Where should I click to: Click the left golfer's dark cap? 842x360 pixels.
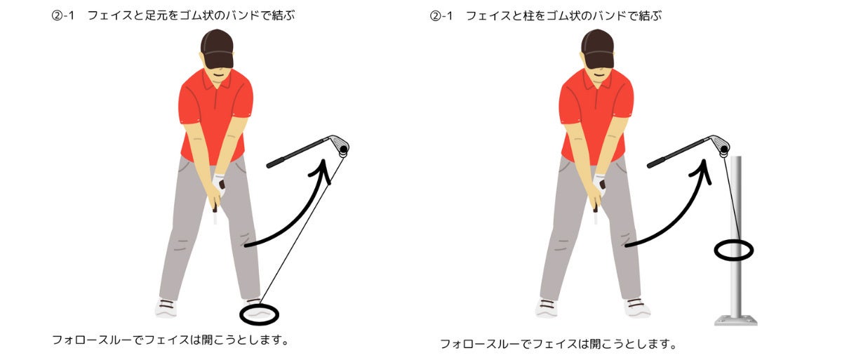coord(217,49)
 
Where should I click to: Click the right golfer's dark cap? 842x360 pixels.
coord(597,49)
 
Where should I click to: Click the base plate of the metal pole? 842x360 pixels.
coord(735,321)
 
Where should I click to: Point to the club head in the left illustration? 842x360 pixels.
coord(340,145)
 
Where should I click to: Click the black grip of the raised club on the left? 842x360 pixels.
coord(275,162)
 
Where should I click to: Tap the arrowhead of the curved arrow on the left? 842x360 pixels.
coord(322,171)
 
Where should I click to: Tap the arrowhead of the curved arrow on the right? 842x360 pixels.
coord(702,171)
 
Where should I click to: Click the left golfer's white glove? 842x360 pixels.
coord(219,184)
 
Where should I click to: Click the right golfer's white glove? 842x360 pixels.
coord(599,184)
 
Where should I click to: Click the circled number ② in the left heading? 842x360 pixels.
coord(57,15)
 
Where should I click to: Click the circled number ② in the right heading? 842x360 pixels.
coord(435,15)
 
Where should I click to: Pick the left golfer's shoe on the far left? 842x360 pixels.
coord(166,308)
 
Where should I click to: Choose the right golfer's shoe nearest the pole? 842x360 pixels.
coord(637,308)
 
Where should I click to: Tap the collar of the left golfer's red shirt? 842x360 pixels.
coord(217,81)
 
